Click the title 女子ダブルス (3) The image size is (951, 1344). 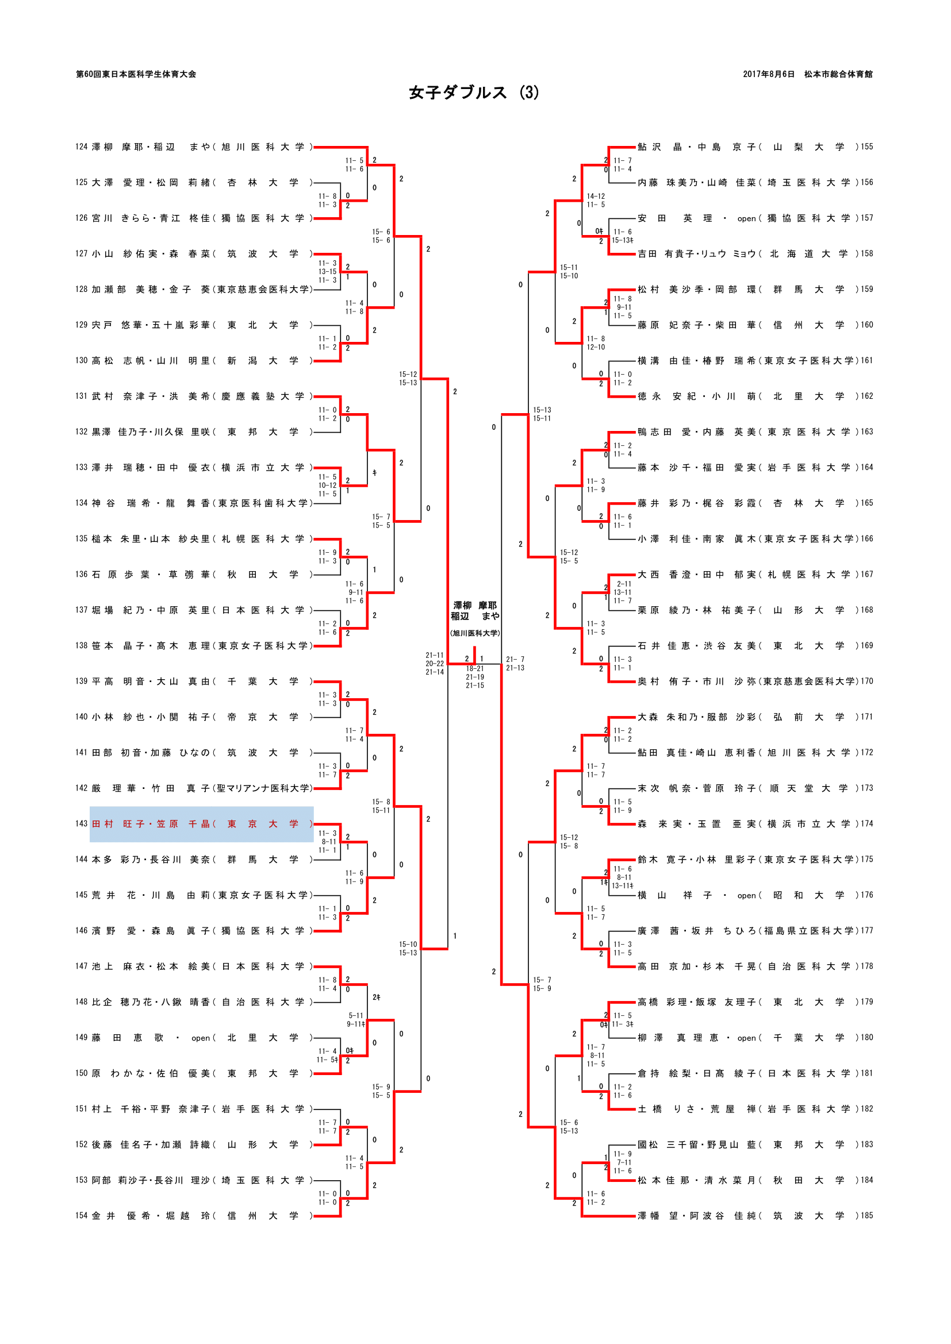tap(474, 93)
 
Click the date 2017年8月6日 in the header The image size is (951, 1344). tap(768, 74)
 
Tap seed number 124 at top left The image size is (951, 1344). tap(82, 147)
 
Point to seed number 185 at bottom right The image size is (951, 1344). tap(866, 1215)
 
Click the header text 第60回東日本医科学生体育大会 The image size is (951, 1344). tap(136, 74)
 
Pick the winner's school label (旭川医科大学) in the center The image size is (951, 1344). tap(474, 633)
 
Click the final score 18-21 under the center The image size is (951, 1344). tap(475, 668)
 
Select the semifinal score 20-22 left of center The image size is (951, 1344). tap(435, 664)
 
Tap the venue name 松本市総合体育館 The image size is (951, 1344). tap(838, 74)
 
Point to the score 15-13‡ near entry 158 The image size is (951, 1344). tap(623, 240)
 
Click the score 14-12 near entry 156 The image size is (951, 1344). tap(596, 196)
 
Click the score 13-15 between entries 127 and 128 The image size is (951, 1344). tap(327, 272)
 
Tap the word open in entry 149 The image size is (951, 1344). tap(200, 1038)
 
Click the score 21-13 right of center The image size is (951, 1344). tap(515, 668)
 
